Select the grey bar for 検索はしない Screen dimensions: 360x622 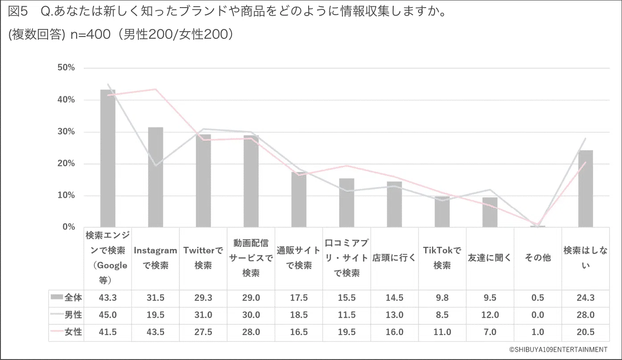click(585, 189)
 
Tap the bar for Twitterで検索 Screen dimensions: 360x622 click(203, 180)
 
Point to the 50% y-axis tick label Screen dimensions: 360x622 click(66, 68)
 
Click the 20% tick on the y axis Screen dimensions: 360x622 click(66, 164)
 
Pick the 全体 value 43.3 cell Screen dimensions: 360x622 click(108, 298)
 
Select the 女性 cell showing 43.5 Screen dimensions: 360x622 click(155, 332)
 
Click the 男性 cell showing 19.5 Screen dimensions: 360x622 click(155, 315)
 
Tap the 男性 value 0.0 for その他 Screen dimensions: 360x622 click(537, 315)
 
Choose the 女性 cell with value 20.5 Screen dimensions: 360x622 click(585, 332)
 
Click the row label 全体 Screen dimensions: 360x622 click(73, 298)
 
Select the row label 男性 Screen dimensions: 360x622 click(73, 315)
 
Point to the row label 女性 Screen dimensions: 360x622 click(73, 332)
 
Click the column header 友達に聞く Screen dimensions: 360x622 click(490, 258)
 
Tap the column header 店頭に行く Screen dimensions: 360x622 click(394, 258)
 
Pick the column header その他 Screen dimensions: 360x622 click(537, 258)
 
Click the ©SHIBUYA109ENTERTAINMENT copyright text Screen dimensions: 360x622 click(558, 349)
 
